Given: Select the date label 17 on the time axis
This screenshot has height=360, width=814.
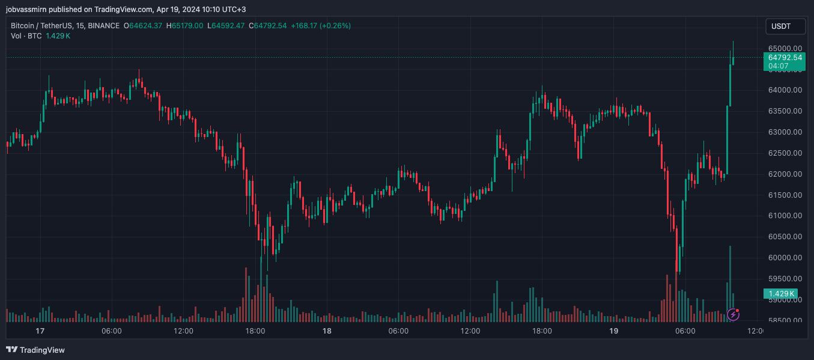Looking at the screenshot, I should (x=40, y=331).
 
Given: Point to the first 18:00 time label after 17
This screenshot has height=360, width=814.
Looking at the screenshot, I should (x=255, y=331).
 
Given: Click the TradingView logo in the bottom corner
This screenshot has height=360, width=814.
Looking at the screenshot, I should (x=35, y=350).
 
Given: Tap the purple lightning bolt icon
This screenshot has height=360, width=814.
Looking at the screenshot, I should (x=733, y=314).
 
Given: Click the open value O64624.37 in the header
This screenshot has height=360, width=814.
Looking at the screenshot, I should (x=143, y=26).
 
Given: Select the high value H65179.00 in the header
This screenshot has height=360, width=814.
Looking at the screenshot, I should (x=184, y=26).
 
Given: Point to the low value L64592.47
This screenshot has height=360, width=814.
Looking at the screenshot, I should (x=226, y=26).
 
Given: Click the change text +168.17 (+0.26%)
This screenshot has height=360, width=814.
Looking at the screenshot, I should (x=321, y=26).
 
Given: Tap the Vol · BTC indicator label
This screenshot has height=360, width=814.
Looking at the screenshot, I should (x=26, y=36).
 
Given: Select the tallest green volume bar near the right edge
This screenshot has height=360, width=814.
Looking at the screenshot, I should (x=730, y=282).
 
